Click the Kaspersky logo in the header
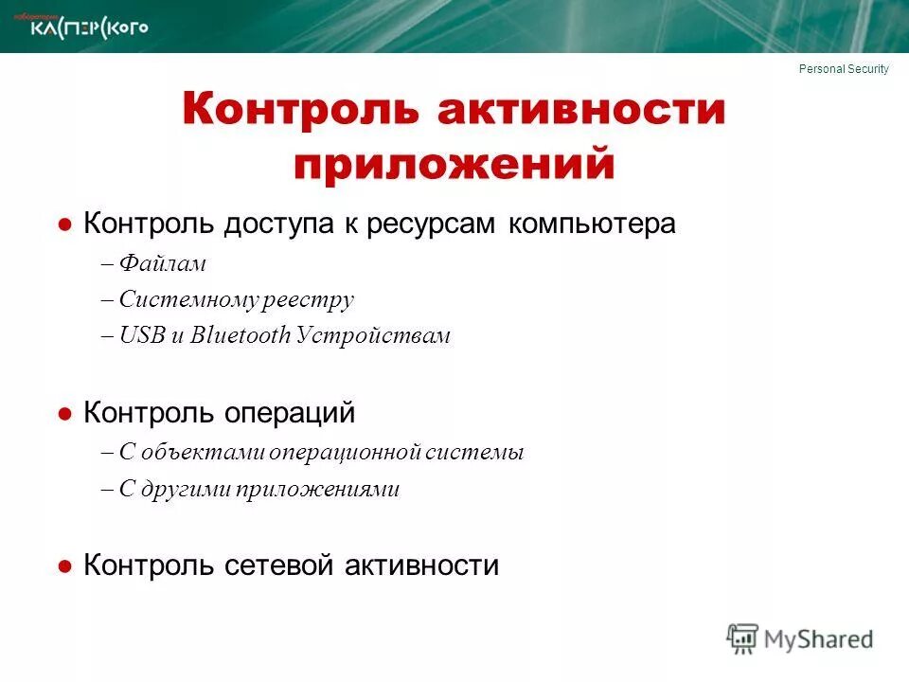click(x=90, y=27)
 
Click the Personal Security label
click(x=844, y=69)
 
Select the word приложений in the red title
click(x=454, y=163)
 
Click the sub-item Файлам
click(x=163, y=264)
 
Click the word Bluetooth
click(x=240, y=336)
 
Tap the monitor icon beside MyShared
click(x=743, y=637)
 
